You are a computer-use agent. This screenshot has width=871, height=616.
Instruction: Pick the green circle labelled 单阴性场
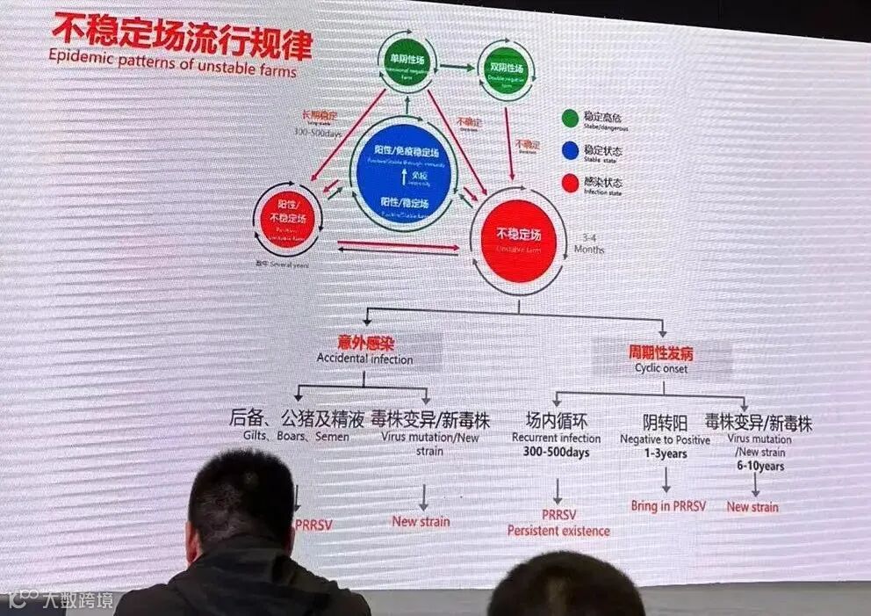pos(407,62)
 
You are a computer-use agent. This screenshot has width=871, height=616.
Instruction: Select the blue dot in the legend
pos(570,151)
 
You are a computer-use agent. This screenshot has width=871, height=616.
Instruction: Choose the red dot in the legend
pos(570,184)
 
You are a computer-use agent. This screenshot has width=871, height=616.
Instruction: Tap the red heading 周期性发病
pos(660,352)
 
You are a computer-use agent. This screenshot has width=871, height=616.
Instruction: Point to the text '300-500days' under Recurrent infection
pos(556,453)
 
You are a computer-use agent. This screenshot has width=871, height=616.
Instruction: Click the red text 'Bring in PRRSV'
pos(668,506)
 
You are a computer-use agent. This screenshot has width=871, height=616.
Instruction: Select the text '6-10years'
pos(759,467)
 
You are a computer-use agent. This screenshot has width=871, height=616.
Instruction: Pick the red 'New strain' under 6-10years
pos(752,507)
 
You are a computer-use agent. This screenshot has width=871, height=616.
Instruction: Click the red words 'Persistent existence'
pos(558,531)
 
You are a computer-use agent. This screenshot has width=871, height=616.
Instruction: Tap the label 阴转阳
pos(666,423)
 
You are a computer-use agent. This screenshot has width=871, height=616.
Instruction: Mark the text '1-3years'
pos(666,454)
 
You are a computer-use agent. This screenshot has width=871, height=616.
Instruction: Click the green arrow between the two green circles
pos(457,66)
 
